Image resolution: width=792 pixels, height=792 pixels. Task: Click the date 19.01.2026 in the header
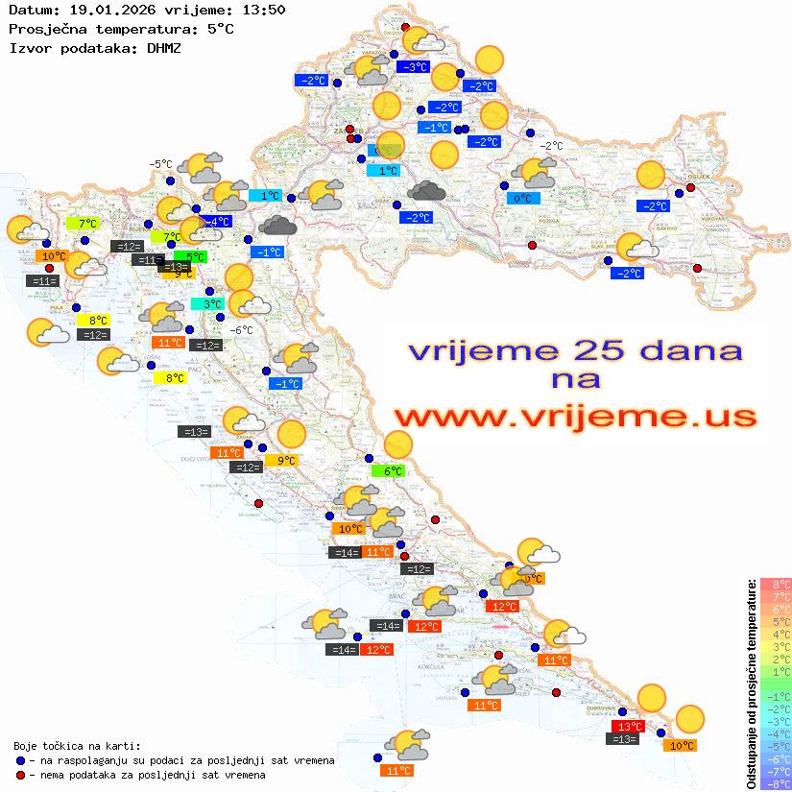pyautogui.click(x=108, y=10)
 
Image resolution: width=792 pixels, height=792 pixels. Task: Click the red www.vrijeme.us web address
pyautogui.click(x=574, y=418)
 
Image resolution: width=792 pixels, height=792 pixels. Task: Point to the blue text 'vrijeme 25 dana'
pyautogui.click(x=574, y=350)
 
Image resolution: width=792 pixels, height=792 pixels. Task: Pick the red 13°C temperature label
pyautogui.click(x=630, y=727)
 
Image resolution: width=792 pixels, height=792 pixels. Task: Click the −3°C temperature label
pyautogui.click(x=413, y=67)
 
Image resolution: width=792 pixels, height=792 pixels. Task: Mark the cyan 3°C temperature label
pyautogui.click(x=207, y=304)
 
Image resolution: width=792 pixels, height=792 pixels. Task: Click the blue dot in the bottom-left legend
pyautogui.click(x=20, y=760)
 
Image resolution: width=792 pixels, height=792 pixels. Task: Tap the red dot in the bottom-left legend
pyautogui.click(x=20, y=775)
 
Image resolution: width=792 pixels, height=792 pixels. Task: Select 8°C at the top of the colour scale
pyautogui.click(x=776, y=584)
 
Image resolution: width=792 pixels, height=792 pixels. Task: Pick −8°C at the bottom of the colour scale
pyautogui.click(x=776, y=783)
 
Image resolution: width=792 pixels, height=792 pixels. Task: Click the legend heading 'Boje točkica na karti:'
pyautogui.click(x=77, y=746)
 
